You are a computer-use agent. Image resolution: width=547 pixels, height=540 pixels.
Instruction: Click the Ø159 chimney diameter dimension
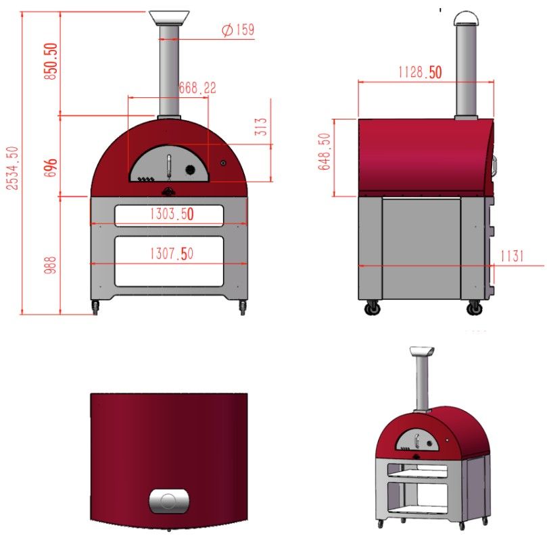pyautogui.click(x=238, y=30)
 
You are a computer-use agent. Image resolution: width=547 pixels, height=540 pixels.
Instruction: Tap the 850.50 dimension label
pyautogui.click(x=51, y=61)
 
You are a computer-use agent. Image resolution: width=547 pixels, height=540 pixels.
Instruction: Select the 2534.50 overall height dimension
pyautogui.click(x=13, y=168)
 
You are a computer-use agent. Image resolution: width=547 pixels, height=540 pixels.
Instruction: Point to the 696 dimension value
pyautogui.click(x=51, y=167)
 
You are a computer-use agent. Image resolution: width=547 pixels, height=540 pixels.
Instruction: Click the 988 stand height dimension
pyautogui.click(x=50, y=265)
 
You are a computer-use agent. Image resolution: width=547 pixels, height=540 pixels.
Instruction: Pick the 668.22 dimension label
pyautogui.click(x=197, y=88)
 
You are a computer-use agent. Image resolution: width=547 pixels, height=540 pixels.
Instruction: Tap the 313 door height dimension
pyautogui.click(x=261, y=126)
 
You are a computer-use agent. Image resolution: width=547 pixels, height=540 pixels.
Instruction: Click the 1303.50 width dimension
pyautogui.click(x=172, y=214)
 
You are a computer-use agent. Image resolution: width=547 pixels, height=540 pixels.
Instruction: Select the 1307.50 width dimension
pyautogui.click(x=172, y=253)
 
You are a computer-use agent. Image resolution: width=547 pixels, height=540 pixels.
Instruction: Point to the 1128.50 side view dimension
pyautogui.click(x=420, y=72)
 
